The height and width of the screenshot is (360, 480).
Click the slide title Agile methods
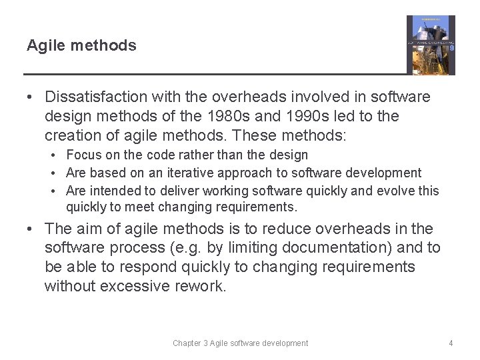click(x=81, y=46)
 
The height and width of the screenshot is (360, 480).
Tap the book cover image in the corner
click(x=431, y=45)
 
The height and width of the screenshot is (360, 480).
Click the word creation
click(x=72, y=135)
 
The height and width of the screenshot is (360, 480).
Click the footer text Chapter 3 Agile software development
click(x=240, y=343)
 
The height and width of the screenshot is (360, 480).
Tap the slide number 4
click(x=451, y=343)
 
